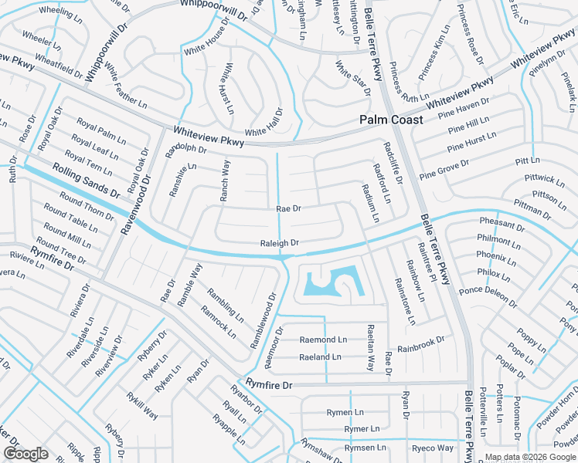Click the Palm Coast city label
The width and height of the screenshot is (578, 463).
(x=392, y=120)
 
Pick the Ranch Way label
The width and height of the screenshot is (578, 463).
(x=225, y=181)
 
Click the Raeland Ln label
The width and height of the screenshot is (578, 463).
(x=320, y=357)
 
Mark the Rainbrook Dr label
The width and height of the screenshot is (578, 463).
(x=421, y=343)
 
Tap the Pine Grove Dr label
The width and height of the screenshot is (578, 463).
(x=444, y=170)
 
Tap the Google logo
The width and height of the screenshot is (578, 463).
(x=25, y=454)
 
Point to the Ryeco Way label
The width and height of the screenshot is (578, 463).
(x=432, y=448)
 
